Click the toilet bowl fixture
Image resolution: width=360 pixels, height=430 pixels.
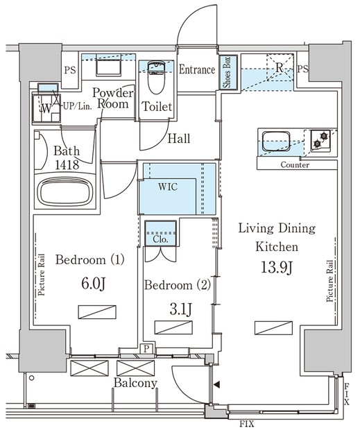pyautogui.click(x=156, y=78)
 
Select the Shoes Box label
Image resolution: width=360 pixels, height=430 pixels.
pyautogui.click(x=228, y=72)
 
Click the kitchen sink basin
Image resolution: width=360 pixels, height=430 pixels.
pyautogui.click(x=276, y=141)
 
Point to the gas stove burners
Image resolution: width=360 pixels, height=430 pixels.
pyautogui.click(x=320, y=139)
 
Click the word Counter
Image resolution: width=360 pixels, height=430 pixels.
pyautogui.click(x=295, y=165)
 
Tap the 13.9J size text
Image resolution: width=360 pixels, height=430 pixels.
pyautogui.click(x=277, y=268)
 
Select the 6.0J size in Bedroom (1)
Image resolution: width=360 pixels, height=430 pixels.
pyautogui.click(x=93, y=284)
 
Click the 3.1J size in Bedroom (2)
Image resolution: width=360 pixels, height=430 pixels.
pyautogui.click(x=181, y=309)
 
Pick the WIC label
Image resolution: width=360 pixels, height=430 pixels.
pyautogui.click(x=168, y=187)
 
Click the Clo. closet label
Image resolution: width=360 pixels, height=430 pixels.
pyautogui.click(x=160, y=239)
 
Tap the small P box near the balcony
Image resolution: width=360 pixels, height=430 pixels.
pyautogui.click(x=146, y=349)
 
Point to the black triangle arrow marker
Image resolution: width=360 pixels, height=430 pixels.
pyautogui.click(x=216, y=385)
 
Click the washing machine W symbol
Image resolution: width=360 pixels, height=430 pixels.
pyautogui.click(x=46, y=109)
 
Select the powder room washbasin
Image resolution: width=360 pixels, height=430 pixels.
pyautogui.click(x=109, y=67)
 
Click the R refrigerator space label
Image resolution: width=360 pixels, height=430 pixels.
pyautogui.click(x=280, y=67)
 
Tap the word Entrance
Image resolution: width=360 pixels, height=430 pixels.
pyautogui.click(x=197, y=69)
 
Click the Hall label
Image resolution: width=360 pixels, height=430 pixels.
pyautogui.click(x=179, y=139)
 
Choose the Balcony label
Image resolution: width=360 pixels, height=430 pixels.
pyautogui.click(x=135, y=383)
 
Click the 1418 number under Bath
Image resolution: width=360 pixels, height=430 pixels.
pyautogui.click(x=67, y=164)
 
